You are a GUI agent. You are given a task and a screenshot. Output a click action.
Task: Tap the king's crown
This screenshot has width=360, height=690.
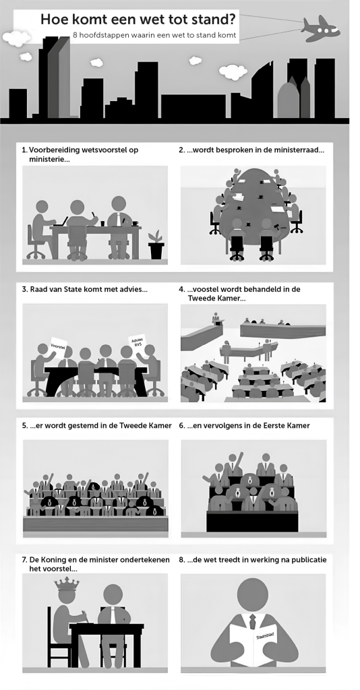tap(67, 584)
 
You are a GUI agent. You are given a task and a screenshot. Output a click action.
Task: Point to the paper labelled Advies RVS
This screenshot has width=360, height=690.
tap(136, 342)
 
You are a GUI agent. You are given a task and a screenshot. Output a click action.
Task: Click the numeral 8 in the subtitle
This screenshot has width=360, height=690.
tap(76, 35)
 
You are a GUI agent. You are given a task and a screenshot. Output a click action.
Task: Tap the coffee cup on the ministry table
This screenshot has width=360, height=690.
tap(135, 223)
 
